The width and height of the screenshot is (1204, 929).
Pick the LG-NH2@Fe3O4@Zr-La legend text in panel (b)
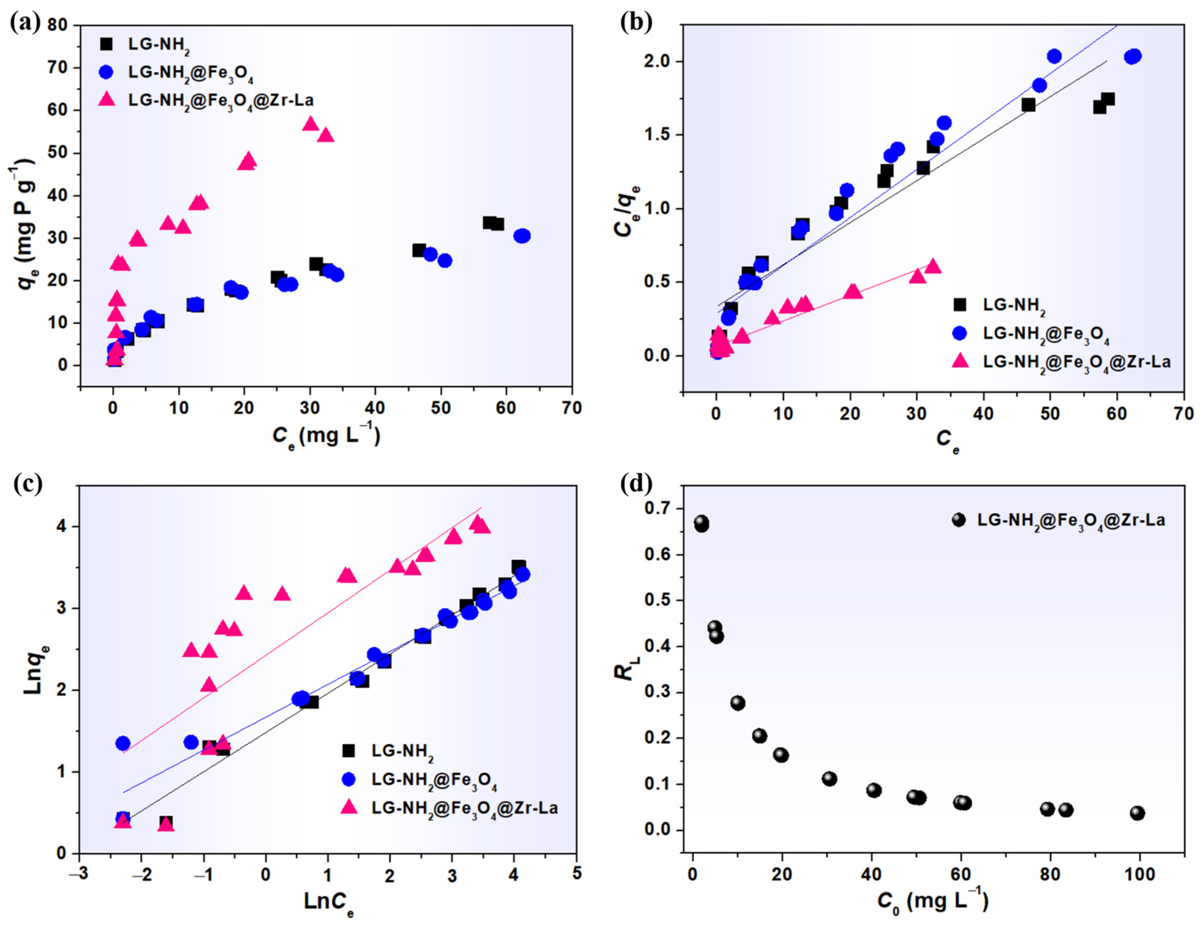click(1077, 362)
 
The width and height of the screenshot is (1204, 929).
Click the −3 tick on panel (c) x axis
click(79, 875)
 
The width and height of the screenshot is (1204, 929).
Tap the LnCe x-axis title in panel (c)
click(328, 903)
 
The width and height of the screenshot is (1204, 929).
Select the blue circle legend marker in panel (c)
click(349, 779)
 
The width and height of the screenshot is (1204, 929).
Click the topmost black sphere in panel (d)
click(701, 523)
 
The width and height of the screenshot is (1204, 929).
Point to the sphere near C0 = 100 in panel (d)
click(1137, 813)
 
